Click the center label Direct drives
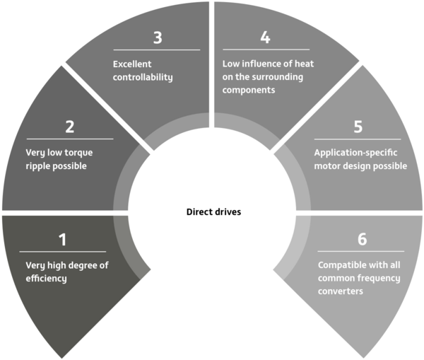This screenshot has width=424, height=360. pos(213,211)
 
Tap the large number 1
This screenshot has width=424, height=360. pos(63,240)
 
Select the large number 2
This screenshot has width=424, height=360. pos(70,127)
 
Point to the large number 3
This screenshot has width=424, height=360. pos(158,37)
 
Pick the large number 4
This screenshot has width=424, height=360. pos(265,37)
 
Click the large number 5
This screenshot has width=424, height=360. pos(358,127)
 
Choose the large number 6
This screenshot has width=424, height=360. pos(363,239)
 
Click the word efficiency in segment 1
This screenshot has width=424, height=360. pos(46,278)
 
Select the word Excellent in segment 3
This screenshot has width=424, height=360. pos(132,64)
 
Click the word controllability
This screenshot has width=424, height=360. pos(143,77)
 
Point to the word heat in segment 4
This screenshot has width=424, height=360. pos(304,64)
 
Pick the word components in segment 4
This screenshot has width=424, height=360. pos(249,90)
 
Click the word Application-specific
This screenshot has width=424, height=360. pos(355,153)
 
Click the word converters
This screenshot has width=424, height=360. pos(341,291)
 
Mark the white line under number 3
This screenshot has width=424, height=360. pos(157,50)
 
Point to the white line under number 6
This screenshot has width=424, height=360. pos(361,252)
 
